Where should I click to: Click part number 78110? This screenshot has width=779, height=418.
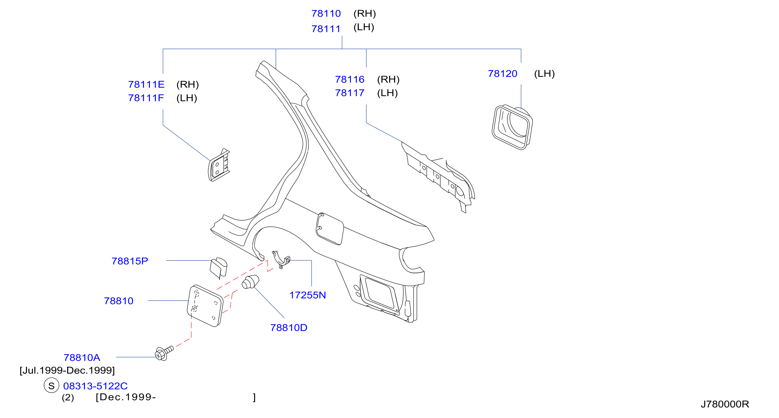point(326,14)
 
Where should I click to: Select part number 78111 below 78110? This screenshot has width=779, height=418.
point(326,29)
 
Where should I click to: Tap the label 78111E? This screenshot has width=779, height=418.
point(146,85)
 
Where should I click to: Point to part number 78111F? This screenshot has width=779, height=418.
point(146,98)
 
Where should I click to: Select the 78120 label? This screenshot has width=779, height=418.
point(503,74)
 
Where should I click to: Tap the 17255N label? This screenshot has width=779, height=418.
point(307,295)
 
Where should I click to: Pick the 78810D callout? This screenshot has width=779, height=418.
point(289,328)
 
